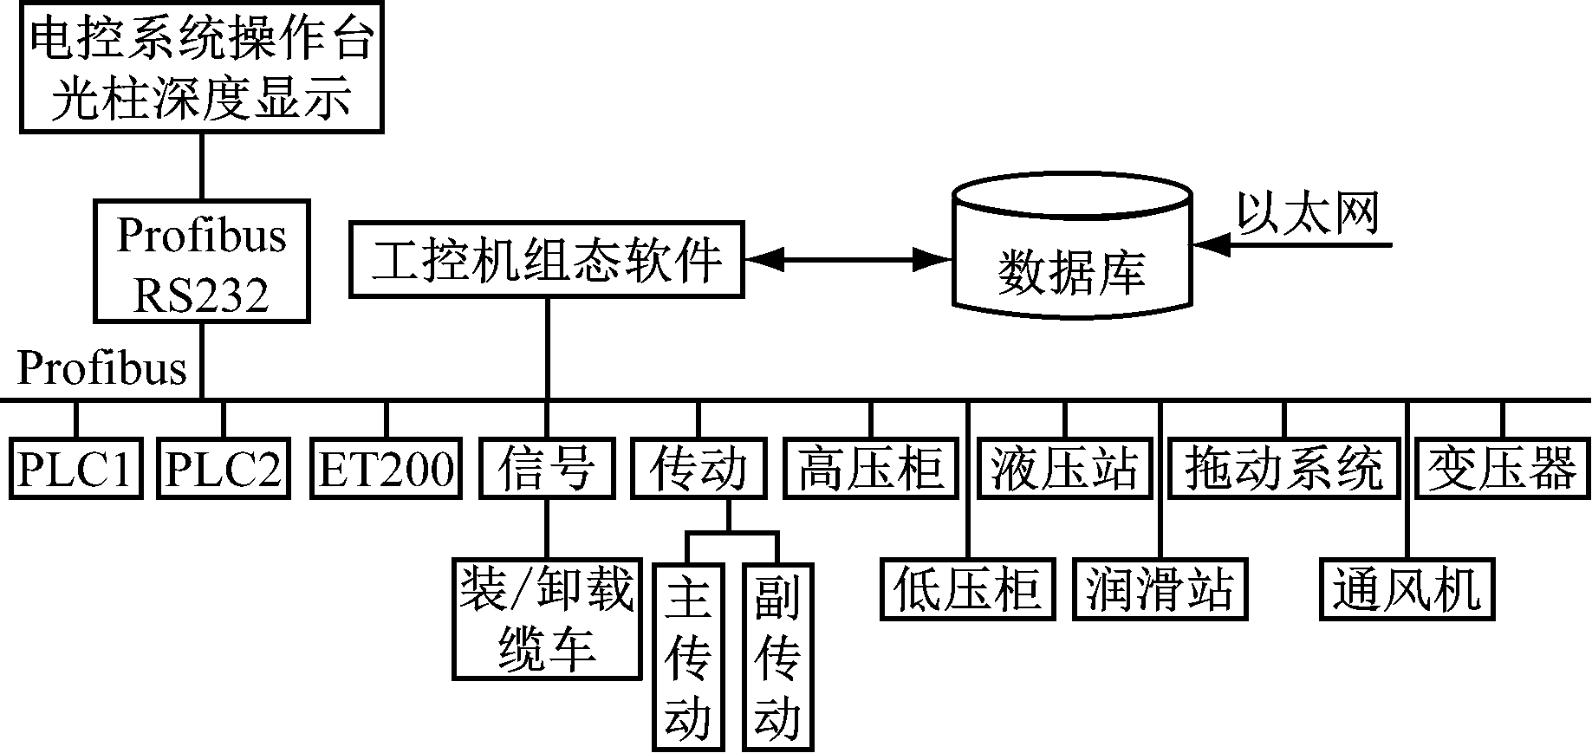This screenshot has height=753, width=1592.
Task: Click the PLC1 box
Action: tap(76, 469)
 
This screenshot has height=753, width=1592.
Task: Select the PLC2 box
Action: tap(223, 469)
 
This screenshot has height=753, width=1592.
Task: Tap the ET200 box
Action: tap(386, 469)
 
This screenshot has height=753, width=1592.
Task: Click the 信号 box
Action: tap(547, 469)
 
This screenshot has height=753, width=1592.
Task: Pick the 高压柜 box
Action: tap(870, 469)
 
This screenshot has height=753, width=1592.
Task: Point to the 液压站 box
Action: tap(1064, 469)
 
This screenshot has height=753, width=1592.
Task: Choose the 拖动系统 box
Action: tap(1283, 469)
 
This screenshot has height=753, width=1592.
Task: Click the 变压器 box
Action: tap(1502, 469)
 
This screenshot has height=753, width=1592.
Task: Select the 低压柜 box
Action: tap(967, 590)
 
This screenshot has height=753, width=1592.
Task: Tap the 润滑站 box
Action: tap(1160, 590)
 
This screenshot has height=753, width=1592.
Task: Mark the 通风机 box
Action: tap(1407, 590)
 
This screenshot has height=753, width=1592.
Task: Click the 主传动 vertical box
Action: tap(688, 656)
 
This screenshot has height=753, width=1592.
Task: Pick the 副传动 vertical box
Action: tap(777, 656)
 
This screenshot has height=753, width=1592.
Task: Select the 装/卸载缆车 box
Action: tap(547, 619)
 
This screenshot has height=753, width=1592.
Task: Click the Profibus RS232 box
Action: tap(201, 262)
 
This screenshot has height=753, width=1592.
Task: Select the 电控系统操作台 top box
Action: tap(201, 68)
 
